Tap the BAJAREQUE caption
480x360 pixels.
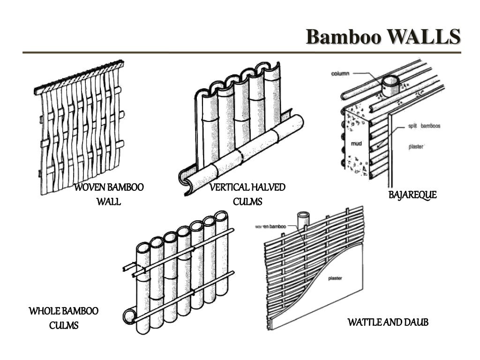(412, 195)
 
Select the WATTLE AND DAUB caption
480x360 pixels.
(388, 322)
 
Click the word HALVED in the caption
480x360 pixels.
(268, 188)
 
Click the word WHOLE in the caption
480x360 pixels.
(45, 311)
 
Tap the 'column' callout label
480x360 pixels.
(342, 73)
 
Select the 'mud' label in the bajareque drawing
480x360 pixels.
(357, 143)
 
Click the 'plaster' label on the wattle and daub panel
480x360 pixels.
(335, 278)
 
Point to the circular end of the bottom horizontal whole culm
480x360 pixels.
(128, 315)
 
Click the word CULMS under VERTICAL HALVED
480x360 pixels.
(247, 202)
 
